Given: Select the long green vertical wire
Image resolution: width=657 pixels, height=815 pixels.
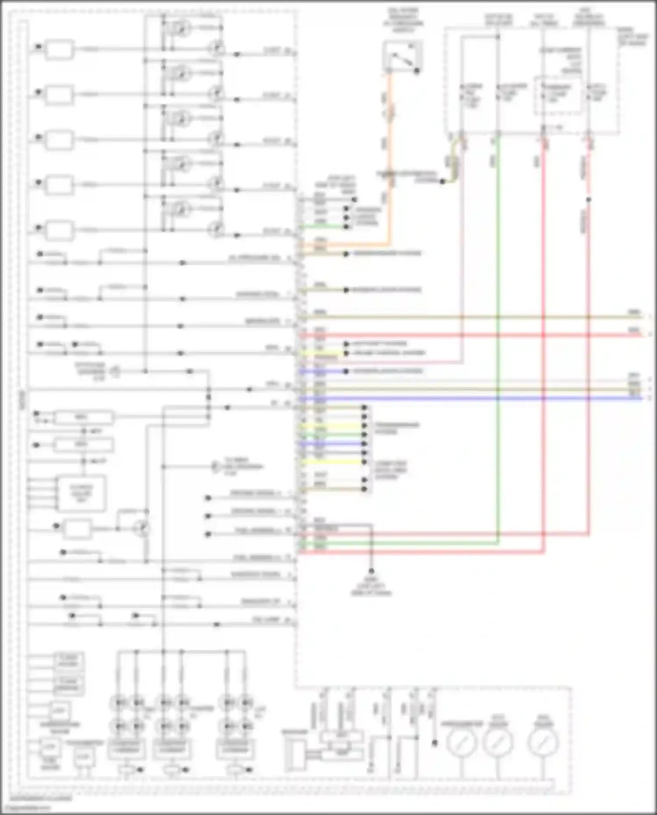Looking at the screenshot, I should (498, 350).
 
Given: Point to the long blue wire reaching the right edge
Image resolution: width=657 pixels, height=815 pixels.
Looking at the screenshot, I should (482, 399).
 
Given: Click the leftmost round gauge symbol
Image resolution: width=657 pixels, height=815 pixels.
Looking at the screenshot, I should (461, 743).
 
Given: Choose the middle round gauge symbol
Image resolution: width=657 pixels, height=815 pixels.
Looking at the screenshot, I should (498, 743).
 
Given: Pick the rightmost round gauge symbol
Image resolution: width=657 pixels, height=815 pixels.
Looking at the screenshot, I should (543, 743).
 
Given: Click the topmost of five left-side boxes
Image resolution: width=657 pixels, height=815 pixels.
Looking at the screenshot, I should (60, 49).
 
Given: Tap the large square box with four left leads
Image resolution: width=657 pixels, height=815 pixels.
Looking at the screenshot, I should (81, 494).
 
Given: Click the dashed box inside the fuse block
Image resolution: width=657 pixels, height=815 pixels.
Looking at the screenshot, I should (558, 95).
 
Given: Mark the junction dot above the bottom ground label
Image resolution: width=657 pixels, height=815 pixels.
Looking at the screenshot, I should (371, 572).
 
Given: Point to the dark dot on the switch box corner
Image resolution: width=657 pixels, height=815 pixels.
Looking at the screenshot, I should (417, 71).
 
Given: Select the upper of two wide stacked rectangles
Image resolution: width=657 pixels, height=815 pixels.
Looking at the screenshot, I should (83, 417).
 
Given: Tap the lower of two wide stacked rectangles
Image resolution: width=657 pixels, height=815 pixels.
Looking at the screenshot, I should (83, 445).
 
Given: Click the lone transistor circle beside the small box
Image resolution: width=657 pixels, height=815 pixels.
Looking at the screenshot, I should (142, 529).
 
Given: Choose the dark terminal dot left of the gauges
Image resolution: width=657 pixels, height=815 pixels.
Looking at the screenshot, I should (434, 743).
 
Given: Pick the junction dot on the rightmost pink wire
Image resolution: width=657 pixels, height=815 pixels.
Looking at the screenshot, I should (589, 200).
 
